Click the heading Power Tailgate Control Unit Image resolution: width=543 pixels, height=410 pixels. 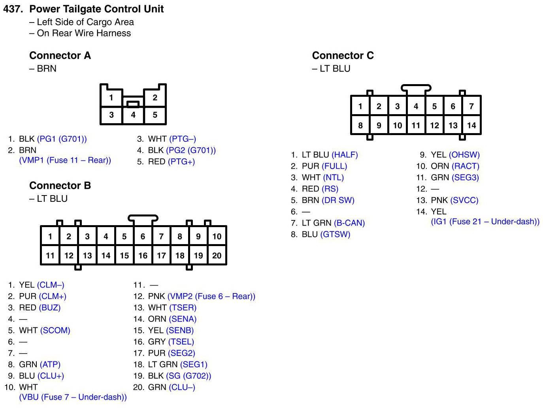(96, 9)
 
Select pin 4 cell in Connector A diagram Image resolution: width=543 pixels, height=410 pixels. (133, 115)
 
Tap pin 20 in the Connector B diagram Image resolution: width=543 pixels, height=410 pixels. (217, 256)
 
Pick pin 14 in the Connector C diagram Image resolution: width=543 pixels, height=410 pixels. (471, 126)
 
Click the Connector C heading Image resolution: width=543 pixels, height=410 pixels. (343, 55)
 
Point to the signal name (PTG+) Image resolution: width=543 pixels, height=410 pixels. (181, 162)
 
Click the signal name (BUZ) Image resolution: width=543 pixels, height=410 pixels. (50, 308)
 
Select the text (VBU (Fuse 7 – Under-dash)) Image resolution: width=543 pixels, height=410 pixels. (73, 397)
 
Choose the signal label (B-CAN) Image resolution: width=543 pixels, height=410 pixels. (349, 223)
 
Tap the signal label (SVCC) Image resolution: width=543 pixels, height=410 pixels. (464, 200)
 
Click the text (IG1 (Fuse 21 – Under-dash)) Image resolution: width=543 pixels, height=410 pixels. (485, 222)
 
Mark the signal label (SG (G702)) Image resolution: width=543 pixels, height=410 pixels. (189, 376)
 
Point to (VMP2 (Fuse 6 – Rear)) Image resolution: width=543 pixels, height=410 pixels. (211, 296)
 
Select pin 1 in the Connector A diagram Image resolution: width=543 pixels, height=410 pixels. (111, 98)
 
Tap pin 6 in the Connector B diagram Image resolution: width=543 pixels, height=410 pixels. (143, 237)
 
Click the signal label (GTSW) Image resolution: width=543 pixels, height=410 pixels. (335, 235)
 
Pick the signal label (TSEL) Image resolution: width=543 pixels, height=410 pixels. (181, 342)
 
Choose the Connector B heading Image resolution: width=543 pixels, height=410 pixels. (60, 186)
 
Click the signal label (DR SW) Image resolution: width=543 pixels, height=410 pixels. (338, 200)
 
